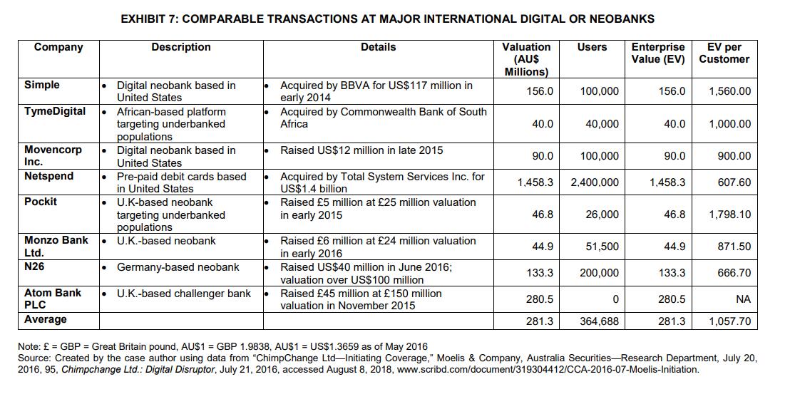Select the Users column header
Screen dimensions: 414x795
pyautogui.click(x=592, y=47)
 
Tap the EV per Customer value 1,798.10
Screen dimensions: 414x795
pyautogui.click(x=729, y=214)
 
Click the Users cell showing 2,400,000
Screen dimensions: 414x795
pyautogui.click(x=595, y=182)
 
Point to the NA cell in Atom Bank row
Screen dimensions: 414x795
pyautogui.click(x=743, y=299)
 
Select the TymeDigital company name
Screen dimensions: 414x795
pyautogui.click(x=55, y=111)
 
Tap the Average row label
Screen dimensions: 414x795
pyautogui.click(x=46, y=319)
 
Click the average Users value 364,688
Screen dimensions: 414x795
pyautogui.click(x=599, y=321)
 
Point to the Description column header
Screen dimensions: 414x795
pyautogui.click(x=180, y=47)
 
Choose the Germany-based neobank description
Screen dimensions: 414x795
pyautogui.click(x=178, y=267)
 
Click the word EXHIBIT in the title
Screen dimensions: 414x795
pyautogui.click(x=146, y=19)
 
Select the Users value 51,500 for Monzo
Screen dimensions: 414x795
pyautogui.click(x=602, y=247)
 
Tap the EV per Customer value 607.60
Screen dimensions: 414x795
pyautogui.click(x=734, y=182)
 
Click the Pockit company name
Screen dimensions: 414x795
pyautogui.click(x=41, y=202)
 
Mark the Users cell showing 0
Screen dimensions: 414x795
pyautogui.click(x=615, y=299)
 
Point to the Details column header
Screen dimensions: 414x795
pyautogui.click(x=378, y=47)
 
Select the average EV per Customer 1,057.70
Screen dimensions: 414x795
pyautogui.click(x=729, y=321)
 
